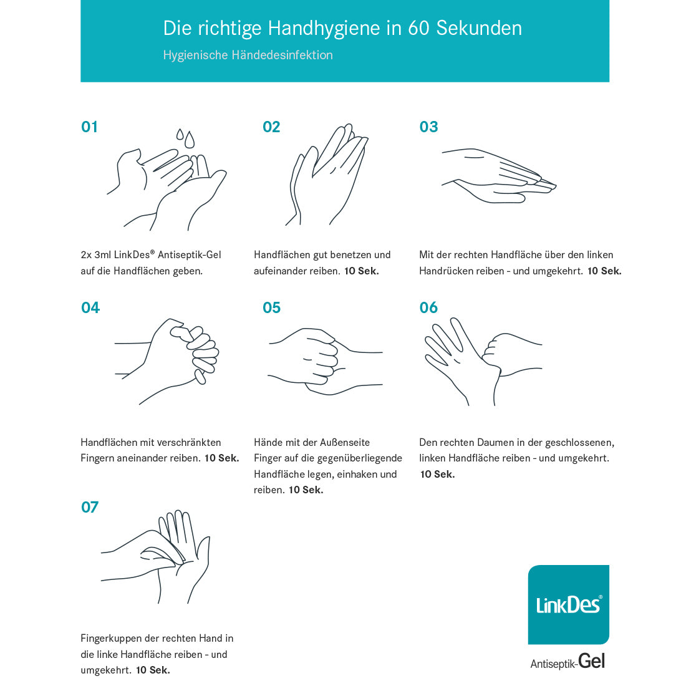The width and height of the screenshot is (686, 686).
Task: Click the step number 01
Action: [x=89, y=127]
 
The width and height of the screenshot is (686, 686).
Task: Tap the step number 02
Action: [x=271, y=127]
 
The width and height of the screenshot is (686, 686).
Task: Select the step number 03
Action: [x=428, y=127]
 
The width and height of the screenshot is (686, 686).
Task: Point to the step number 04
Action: [x=90, y=307]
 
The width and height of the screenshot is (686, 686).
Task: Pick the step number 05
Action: [x=271, y=307]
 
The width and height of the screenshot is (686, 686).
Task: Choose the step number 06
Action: [x=428, y=307]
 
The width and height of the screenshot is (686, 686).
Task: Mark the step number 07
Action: [x=90, y=507]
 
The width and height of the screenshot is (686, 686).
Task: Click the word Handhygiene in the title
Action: [x=324, y=29]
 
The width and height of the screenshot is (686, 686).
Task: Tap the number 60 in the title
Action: [x=418, y=28]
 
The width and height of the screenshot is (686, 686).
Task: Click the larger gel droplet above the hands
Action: [x=190, y=140]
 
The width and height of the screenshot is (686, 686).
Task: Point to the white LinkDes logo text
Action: [x=568, y=605]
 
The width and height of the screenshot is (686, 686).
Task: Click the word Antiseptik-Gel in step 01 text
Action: [x=190, y=255]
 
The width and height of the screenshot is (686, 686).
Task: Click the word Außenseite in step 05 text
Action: [x=345, y=442]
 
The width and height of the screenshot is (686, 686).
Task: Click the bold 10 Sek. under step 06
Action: [x=438, y=474]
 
